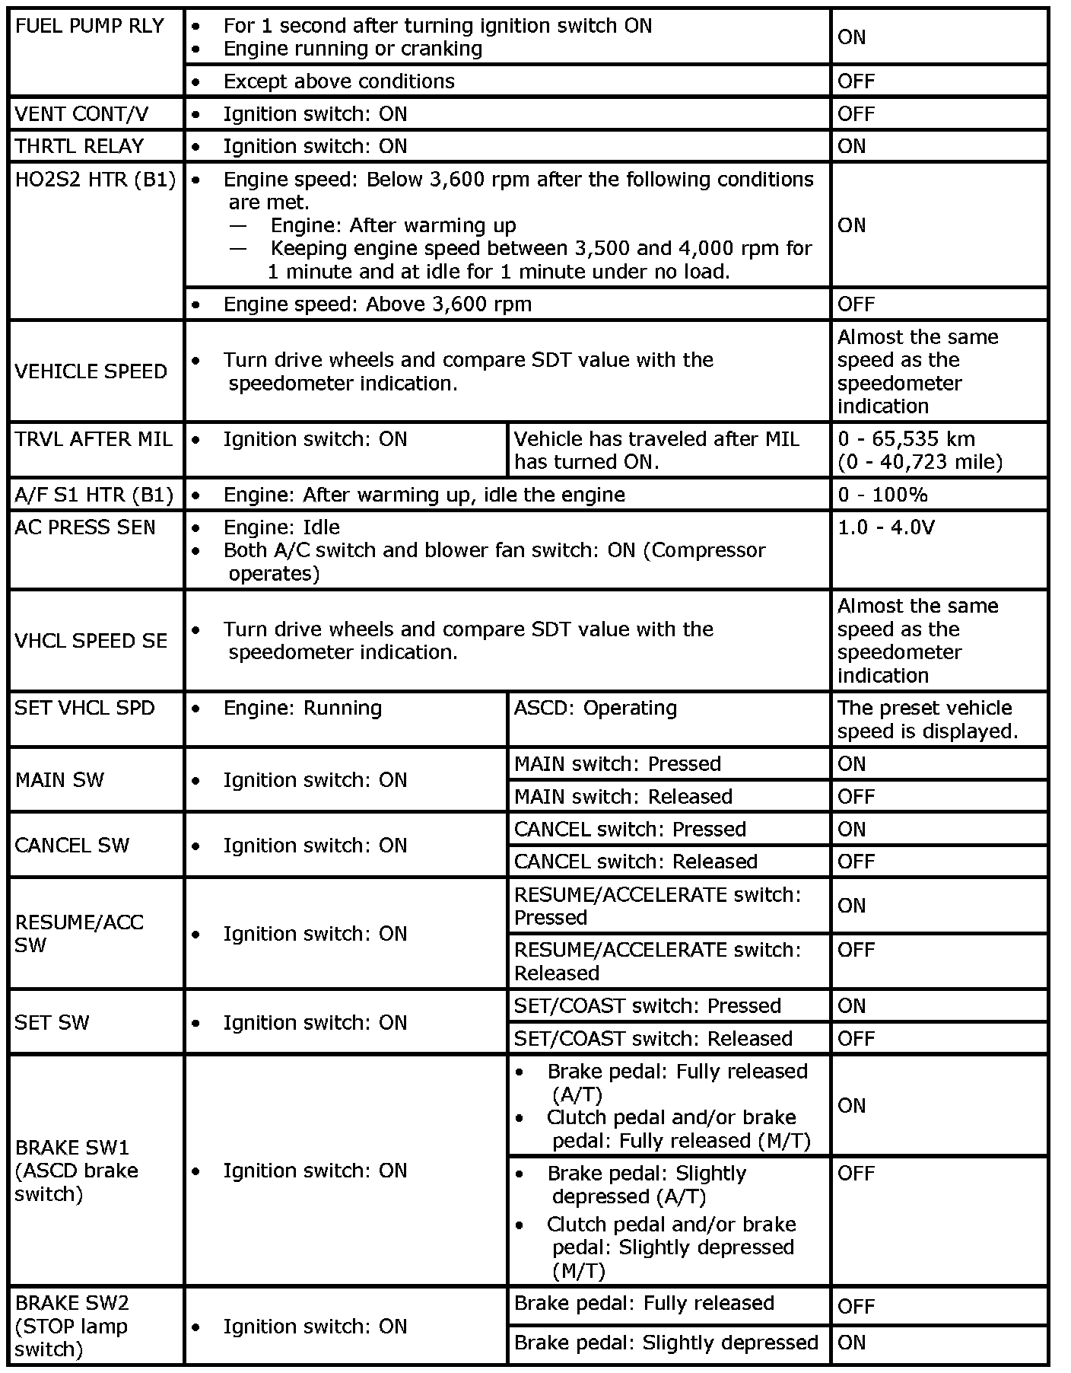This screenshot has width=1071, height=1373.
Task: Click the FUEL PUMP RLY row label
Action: click(x=90, y=26)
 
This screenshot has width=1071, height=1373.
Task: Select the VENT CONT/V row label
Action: click(x=82, y=114)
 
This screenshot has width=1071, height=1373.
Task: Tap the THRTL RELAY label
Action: click(x=79, y=146)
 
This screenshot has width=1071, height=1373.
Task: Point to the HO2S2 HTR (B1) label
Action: click(x=95, y=180)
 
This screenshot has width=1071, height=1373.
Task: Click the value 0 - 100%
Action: click(x=882, y=495)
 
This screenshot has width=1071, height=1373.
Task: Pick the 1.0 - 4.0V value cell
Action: click(x=885, y=527)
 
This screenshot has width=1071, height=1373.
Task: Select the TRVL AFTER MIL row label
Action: click(x=94, y=439)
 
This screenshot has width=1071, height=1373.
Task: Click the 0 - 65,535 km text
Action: click(x=906, y=439)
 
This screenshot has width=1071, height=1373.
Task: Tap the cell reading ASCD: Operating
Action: click(x=595, y=708)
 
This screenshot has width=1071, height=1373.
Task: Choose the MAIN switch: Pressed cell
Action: click(x=617, y=763)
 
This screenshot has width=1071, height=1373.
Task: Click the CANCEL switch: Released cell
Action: click(x=636, y=862)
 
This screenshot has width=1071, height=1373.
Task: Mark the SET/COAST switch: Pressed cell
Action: click(x=647, y=1005)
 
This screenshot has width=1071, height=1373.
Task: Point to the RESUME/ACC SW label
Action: click(x=79, y=933)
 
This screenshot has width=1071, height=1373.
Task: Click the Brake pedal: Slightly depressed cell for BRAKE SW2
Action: click(x=666, y=1343)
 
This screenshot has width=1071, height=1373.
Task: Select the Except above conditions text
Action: click(x=338, y=81)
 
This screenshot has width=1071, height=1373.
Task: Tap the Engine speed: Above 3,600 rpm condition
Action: click(x=377, y=304)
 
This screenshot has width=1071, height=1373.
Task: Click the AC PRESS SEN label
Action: click(x=84, y=527)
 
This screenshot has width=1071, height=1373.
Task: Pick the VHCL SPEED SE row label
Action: click(x=91, y=641)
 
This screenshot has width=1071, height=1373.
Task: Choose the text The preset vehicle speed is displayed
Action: click(x=927, y=719)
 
